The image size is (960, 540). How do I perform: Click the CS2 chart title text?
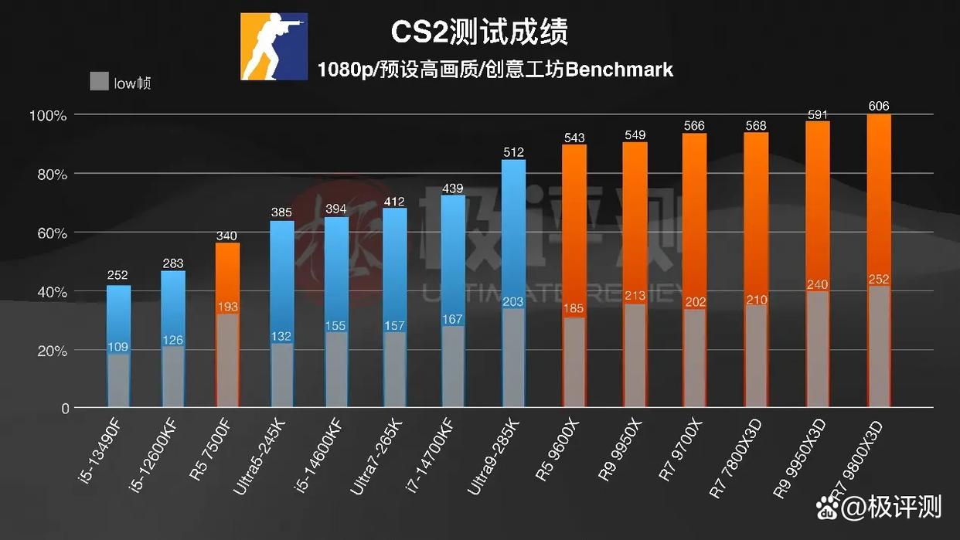pos(479,32)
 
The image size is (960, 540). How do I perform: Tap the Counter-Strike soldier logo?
pos(274,46)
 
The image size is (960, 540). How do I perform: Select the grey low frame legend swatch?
pos(98,81)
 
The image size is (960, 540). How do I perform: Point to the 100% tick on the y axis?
pos(49,115)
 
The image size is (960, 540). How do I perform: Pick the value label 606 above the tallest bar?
pos(879,107)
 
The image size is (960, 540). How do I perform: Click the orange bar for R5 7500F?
pos(227,278)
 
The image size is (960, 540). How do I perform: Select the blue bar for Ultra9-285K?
pos(513,232)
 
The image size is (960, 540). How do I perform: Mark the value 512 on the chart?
pos(513,152)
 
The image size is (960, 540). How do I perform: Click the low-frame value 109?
pos(118,347)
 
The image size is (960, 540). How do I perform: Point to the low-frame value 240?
pos(818,284)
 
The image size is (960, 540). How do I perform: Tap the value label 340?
pos(227,236)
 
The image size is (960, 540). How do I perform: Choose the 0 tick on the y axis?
pos(65,408)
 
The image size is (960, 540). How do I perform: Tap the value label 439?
pos(453,188)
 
